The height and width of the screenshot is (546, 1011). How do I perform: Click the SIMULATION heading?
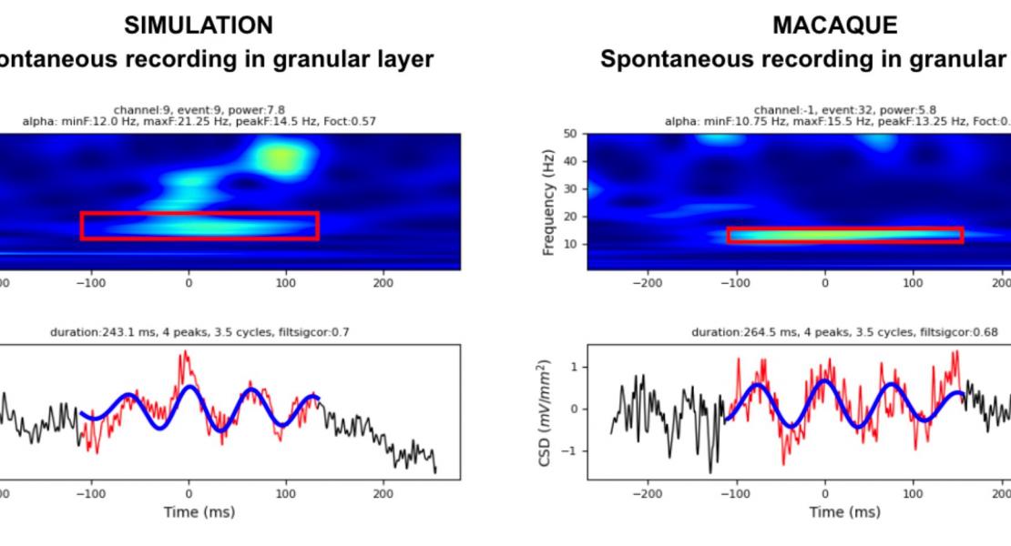[198, 25]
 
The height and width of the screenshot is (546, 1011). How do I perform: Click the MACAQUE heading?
[834, 25]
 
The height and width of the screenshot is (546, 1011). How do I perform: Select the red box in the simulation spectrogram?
[199, 226]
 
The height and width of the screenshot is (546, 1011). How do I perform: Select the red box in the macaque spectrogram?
[844, 235]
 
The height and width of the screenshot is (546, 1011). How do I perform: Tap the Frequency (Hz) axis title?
[549, 202]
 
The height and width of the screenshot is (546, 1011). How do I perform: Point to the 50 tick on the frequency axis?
[570, 134]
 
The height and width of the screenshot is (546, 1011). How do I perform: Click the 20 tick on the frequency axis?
[570, 217]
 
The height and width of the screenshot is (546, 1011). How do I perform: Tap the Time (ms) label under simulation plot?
[199, 511]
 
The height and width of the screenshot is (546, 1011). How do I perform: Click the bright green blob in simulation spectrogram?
[281, 159]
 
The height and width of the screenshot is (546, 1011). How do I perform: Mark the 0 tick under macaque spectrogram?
[825, 283]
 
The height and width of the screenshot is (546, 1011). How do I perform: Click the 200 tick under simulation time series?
[383, 493]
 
